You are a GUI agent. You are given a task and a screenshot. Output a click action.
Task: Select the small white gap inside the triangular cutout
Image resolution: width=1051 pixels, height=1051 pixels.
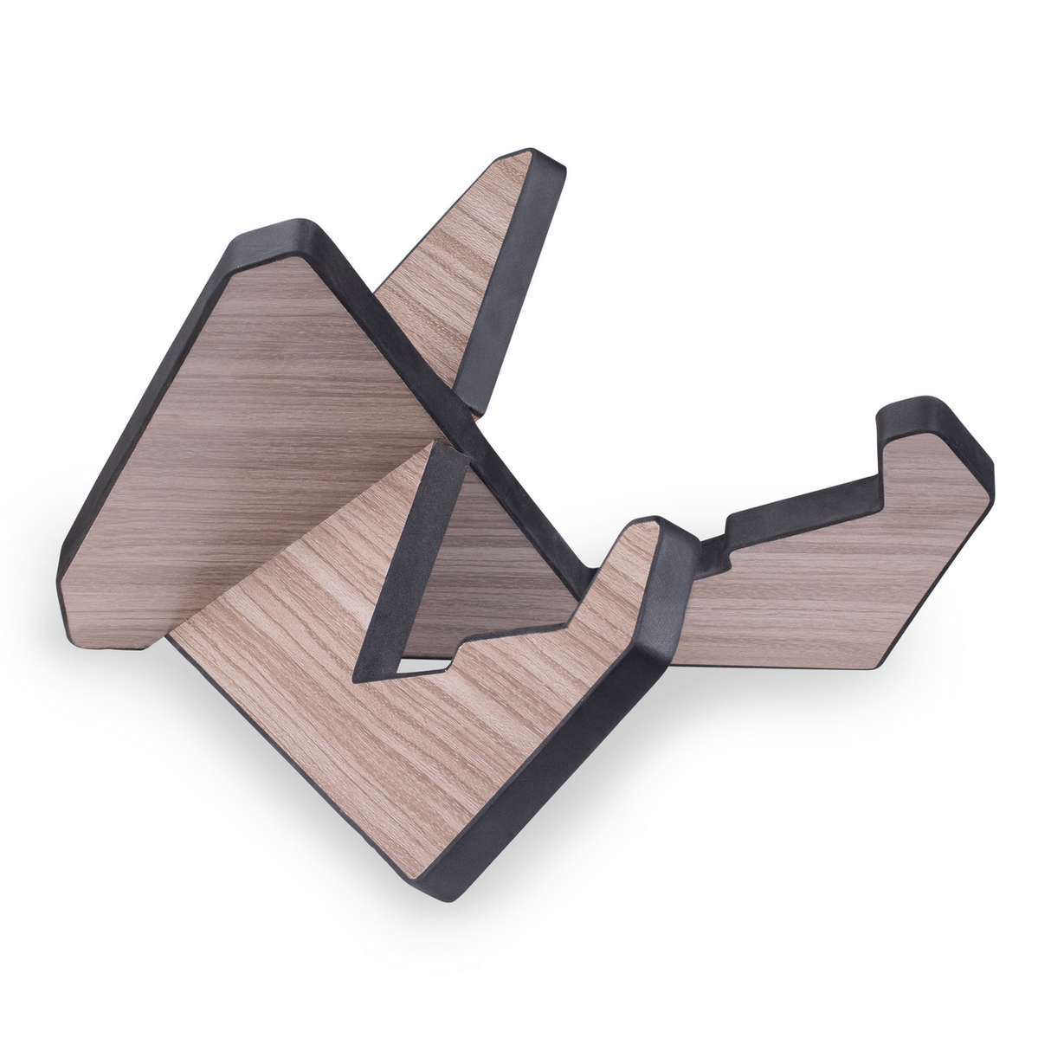416,668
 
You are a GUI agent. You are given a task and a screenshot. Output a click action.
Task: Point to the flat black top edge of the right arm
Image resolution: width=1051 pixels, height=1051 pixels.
805,502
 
